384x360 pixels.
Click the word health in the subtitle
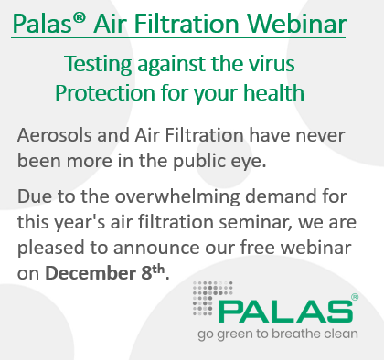(298, 93)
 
